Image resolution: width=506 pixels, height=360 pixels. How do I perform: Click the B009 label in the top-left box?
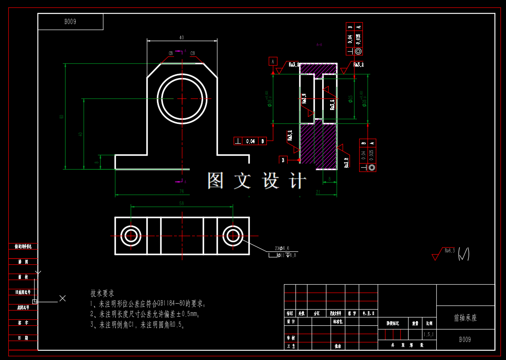pos(70,22)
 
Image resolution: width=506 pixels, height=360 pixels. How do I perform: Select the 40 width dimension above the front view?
pos(181,37)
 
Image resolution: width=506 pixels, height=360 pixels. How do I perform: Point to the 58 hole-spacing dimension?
pos(181,203)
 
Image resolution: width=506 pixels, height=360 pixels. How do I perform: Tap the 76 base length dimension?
pos(181,191)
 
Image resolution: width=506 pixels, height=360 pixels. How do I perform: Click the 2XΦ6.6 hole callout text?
pos(282,249)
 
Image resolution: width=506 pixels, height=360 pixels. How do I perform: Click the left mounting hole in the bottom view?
pos(131,236)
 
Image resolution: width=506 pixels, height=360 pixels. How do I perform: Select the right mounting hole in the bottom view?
pos(232,236)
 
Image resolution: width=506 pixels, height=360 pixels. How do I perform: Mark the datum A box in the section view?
pos(273,61)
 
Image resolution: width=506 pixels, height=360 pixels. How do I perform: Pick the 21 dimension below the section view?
pos(318,191)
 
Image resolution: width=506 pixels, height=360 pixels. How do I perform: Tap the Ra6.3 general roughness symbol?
pos(449,251)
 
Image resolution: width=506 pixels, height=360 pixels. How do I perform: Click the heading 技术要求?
pos(102,293)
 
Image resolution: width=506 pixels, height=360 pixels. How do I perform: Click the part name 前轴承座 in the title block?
pos(465,318)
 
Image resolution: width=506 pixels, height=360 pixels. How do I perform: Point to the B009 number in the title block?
pos(465,340)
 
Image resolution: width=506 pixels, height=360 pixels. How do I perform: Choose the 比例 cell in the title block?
pos(429,323)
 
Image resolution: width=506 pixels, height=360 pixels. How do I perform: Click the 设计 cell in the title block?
pos(291,322)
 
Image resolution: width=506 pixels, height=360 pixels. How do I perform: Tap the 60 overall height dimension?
pos(62,116)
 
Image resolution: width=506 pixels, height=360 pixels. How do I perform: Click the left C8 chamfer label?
pos(170,54)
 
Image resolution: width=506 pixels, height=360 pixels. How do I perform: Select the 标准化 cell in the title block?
pos(338,322)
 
